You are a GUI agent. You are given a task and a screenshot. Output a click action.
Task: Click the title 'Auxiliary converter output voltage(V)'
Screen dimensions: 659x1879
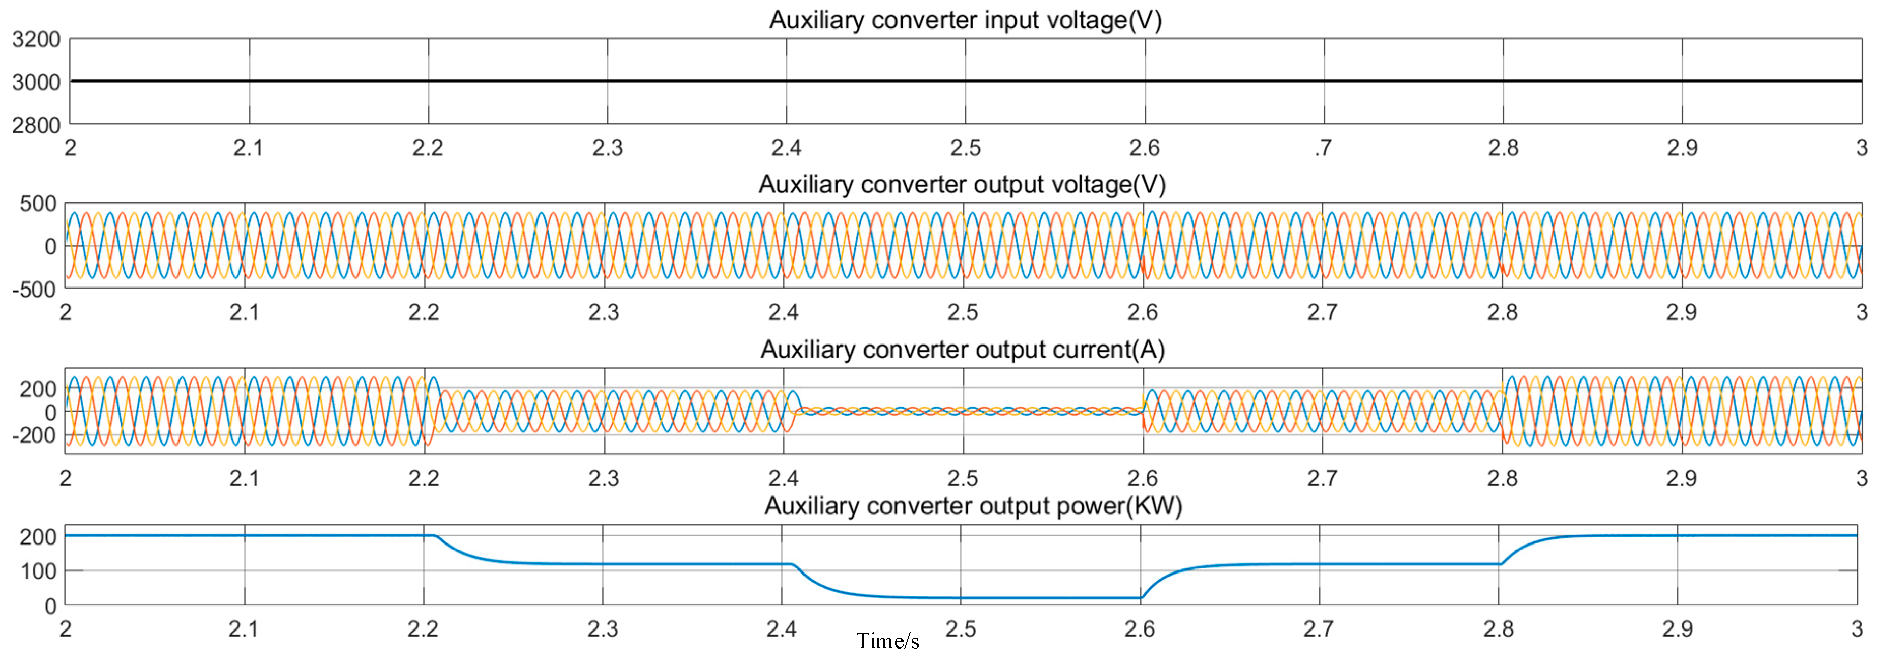click(x=962, y=184)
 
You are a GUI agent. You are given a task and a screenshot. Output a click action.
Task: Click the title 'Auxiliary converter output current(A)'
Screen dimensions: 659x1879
click(x=962, y=350)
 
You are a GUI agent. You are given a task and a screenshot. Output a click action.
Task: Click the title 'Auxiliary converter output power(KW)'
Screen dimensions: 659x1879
click(x=972, y=506)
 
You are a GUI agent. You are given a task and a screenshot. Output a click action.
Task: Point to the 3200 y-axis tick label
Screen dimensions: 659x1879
click(x=36, y=39)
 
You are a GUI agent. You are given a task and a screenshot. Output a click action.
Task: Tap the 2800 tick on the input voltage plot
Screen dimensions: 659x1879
click(x=36, y=125)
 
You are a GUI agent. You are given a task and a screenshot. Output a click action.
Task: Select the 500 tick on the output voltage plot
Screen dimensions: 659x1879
click(x=38, y=204)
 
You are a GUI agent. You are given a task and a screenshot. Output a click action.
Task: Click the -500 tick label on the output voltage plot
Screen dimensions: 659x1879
click(x=34, y=289)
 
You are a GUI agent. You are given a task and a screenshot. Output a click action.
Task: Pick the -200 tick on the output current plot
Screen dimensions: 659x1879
click(x=34, y=435)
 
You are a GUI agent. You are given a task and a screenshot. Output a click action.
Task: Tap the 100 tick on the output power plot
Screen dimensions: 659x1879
click(x=38, y=570)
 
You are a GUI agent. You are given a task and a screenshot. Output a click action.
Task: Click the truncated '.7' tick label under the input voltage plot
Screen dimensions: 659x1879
click(x=1323, y=148)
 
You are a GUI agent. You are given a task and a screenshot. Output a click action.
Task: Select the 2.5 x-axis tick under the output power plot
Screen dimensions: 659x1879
click(x=961, y=628)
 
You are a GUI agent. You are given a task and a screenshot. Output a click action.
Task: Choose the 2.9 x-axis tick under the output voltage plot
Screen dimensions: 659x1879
click(x=1681, y=312)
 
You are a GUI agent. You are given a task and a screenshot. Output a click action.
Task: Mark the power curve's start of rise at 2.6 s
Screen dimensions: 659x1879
click(x=1141, y=598)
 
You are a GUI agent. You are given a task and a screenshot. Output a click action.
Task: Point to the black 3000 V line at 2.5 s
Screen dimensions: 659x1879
click(x=965, y=81)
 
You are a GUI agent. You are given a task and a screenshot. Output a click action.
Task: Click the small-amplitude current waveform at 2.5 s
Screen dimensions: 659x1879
click(x=963, y=412)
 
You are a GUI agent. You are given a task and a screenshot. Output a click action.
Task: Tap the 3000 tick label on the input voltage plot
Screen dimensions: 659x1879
click(x=36, y=82)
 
